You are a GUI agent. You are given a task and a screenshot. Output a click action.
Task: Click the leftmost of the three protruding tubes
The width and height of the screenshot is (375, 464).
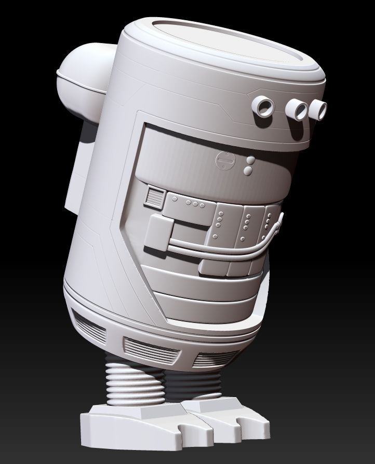[x=264, y=107]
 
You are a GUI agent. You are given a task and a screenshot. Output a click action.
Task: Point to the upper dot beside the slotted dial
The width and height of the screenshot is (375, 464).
[x=250, y=161]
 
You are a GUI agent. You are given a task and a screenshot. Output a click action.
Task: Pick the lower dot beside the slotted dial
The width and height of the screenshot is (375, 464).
[x=248, y=169]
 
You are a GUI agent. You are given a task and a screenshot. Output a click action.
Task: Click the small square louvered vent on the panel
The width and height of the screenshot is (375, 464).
[x=154, y=197]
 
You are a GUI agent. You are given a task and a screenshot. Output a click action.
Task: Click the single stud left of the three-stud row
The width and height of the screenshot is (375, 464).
[x=175, y=200]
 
